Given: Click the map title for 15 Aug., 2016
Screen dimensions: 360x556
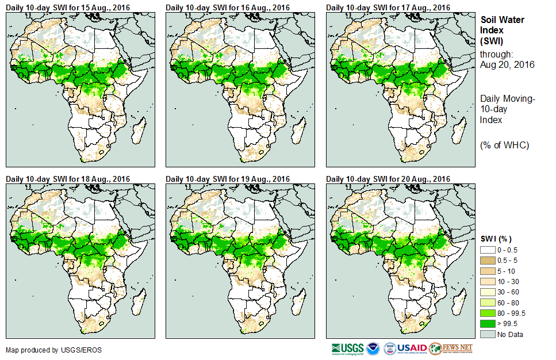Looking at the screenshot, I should click(x=68, y=7).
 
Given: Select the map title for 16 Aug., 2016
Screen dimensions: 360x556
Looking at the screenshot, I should click(x=228, y=7).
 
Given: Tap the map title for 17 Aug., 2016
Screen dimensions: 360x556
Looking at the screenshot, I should click(x=388, y=7).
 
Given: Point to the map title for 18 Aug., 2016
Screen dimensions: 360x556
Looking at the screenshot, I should click(x=68, y=179).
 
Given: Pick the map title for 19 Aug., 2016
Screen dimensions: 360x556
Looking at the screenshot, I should click(x=228, y=179).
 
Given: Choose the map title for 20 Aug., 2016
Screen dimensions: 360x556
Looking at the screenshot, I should click(x=388, y=179).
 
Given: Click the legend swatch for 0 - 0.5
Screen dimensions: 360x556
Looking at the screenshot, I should click(x=488, y=250).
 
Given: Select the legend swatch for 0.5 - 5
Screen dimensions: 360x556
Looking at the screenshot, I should click(x=488, y=261).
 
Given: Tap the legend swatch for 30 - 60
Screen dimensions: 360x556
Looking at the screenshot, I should click(x=488, y=292).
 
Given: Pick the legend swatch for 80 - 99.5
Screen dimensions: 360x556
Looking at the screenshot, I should click(x=488, y=313).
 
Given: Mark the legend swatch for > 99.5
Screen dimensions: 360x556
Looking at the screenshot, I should click(x=488, y=324).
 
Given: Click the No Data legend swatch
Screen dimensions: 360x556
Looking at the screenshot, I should click(x=488, y=334).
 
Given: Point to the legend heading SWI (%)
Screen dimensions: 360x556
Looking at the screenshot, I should click(x=496, y=239).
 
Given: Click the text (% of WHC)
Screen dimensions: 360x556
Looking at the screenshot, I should click(x=504, y=145).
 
